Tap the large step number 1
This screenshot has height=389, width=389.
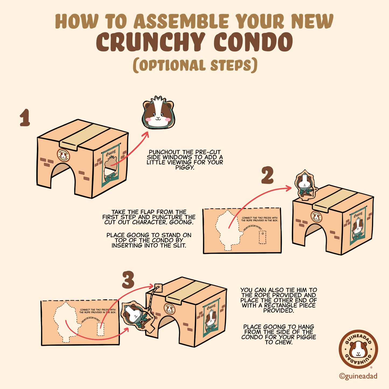[x=25, y=118]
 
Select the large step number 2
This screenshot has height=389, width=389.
[x=267, y=176]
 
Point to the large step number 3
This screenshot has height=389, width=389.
[x=128, y=280]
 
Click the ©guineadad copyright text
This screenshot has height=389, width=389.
[x=358, y=376]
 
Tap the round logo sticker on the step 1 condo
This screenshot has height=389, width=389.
[x=64, y=155]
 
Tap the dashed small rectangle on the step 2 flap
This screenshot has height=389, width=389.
[x=262, y=237]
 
